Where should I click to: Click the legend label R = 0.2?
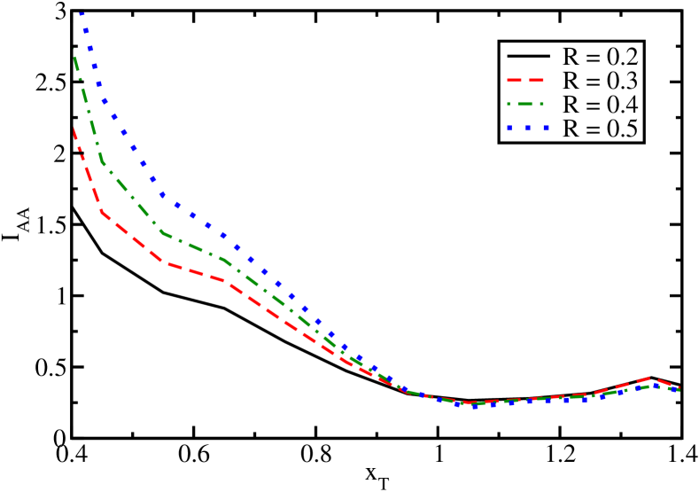601,58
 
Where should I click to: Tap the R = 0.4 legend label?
601,105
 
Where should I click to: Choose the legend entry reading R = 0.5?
601,129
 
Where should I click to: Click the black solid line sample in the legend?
528,58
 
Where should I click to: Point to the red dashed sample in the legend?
528,82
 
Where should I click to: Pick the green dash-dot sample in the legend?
528,105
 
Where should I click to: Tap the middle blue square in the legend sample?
529,129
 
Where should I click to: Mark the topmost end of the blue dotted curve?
82,13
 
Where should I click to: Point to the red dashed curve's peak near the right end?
654,378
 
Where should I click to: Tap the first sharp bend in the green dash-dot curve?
104,163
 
